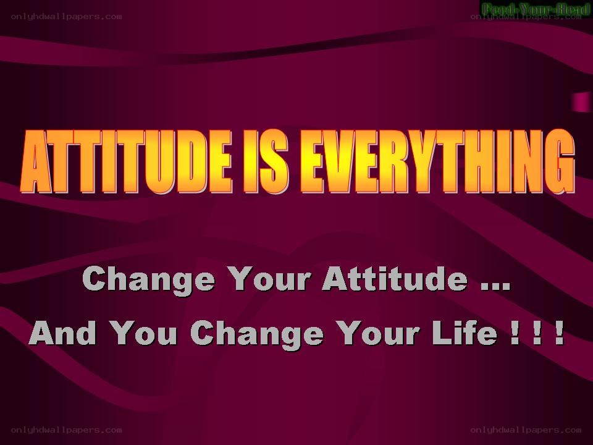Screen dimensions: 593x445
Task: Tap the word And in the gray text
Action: point(63,333)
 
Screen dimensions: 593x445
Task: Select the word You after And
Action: point(145,333)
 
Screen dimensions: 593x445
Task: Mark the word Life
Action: point(465,333)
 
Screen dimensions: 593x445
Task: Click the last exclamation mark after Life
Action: point(560,333)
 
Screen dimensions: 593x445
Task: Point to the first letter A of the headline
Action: point(35,162)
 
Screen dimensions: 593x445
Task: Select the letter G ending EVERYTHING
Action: point(560,162)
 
